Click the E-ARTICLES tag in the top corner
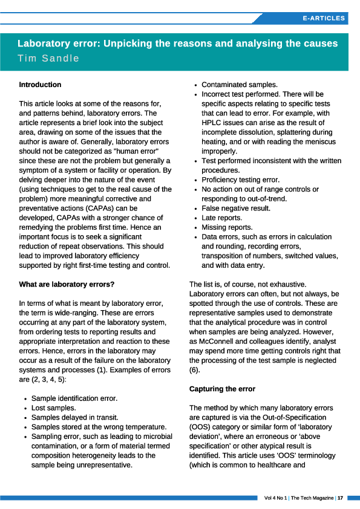(324, 18)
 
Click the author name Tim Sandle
(48, 59)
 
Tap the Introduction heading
(40, 85)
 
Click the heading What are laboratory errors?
(67, 284)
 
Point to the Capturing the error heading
(222, 389)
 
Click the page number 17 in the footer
(341, 498)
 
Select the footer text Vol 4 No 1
(275, 498)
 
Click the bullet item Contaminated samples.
(240, 85)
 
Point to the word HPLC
(212, 123)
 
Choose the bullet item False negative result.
(236, 208)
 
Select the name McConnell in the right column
(218, 341)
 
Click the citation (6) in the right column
(195, 370)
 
